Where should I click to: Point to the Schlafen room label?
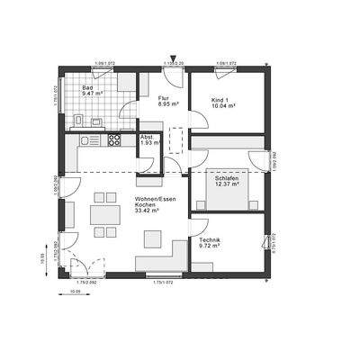click(226, 179)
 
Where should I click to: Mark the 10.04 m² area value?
click(222, 105)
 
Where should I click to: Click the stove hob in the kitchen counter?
click(114, 140)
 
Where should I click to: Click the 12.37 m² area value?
click(226, 186)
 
